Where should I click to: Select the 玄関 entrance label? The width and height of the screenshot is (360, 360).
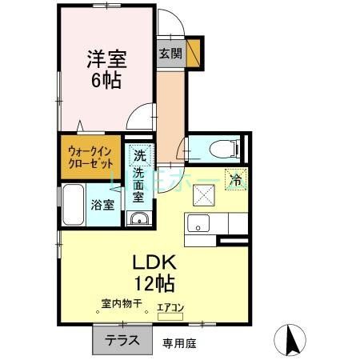[170, 53]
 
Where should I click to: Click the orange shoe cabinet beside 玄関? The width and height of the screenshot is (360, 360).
[193, 52]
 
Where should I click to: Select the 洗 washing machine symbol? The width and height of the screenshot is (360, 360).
[140, 155]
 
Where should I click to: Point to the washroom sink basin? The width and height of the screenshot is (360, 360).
[138, 221]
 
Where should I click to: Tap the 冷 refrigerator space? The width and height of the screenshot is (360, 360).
[236, 180]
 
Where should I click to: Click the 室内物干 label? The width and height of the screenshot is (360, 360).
[122, 303]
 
